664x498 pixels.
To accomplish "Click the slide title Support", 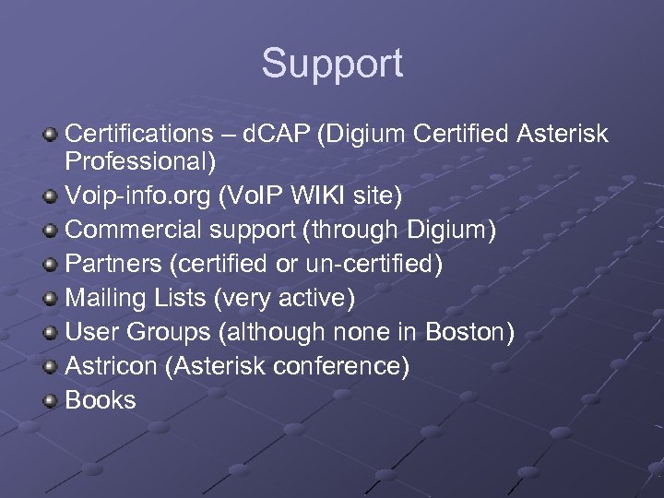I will click(332, 65).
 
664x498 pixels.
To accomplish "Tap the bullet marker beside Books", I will click(52, 399).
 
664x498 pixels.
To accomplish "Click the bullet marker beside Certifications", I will click(52, 135).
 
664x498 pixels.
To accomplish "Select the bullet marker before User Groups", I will click(52, 332).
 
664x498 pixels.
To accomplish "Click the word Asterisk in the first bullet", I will click(563, 135).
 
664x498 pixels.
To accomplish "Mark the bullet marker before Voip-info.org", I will click(52, 196).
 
